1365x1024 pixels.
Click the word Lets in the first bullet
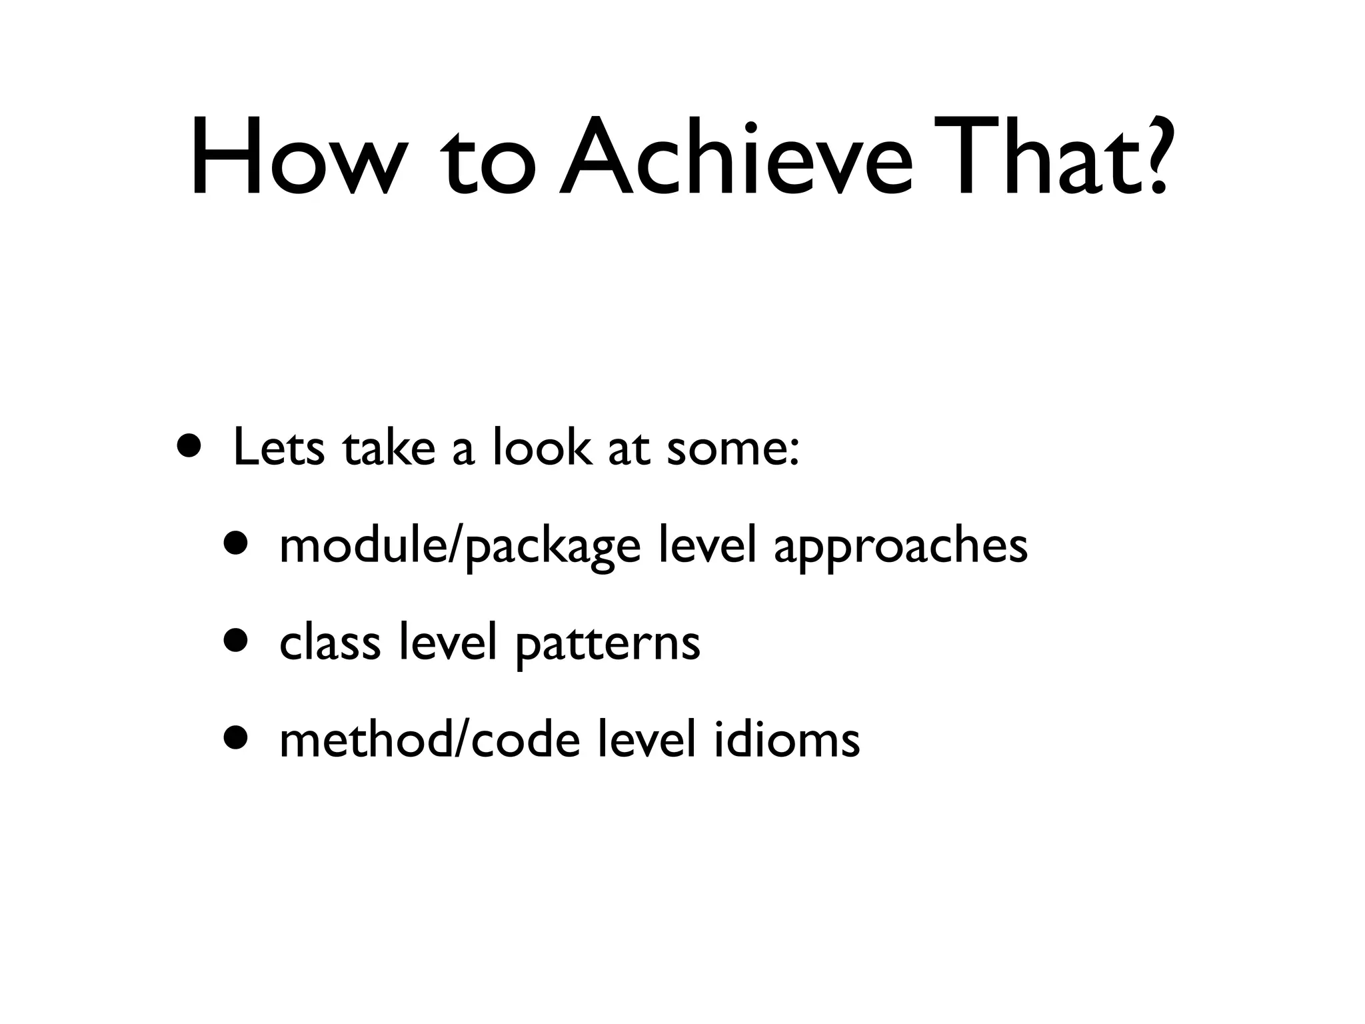[x=279, y=448]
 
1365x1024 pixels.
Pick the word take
[x=389, y=448]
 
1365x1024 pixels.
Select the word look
[x=542, y=448]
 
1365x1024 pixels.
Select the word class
[x=330, y=643]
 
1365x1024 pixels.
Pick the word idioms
[x=786, y=740]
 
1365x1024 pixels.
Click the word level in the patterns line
[x=448, y=643]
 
